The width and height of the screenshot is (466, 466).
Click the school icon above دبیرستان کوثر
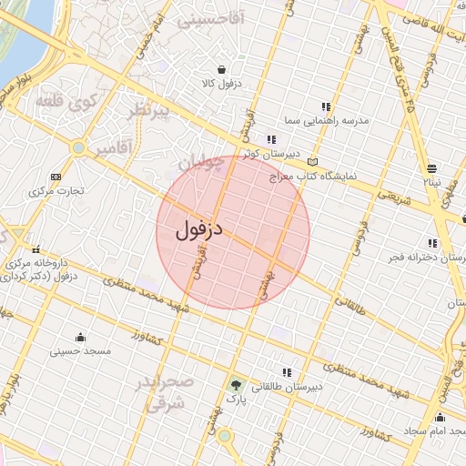click(246, 139)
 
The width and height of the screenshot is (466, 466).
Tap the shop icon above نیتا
click(431, 167)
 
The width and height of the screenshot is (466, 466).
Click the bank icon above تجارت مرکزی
click(57, 176)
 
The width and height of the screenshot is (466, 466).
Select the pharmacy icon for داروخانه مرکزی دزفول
click(35, 250)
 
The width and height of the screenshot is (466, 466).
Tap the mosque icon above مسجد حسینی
click(80, 337)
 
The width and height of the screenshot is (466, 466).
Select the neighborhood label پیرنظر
click(148, 111)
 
